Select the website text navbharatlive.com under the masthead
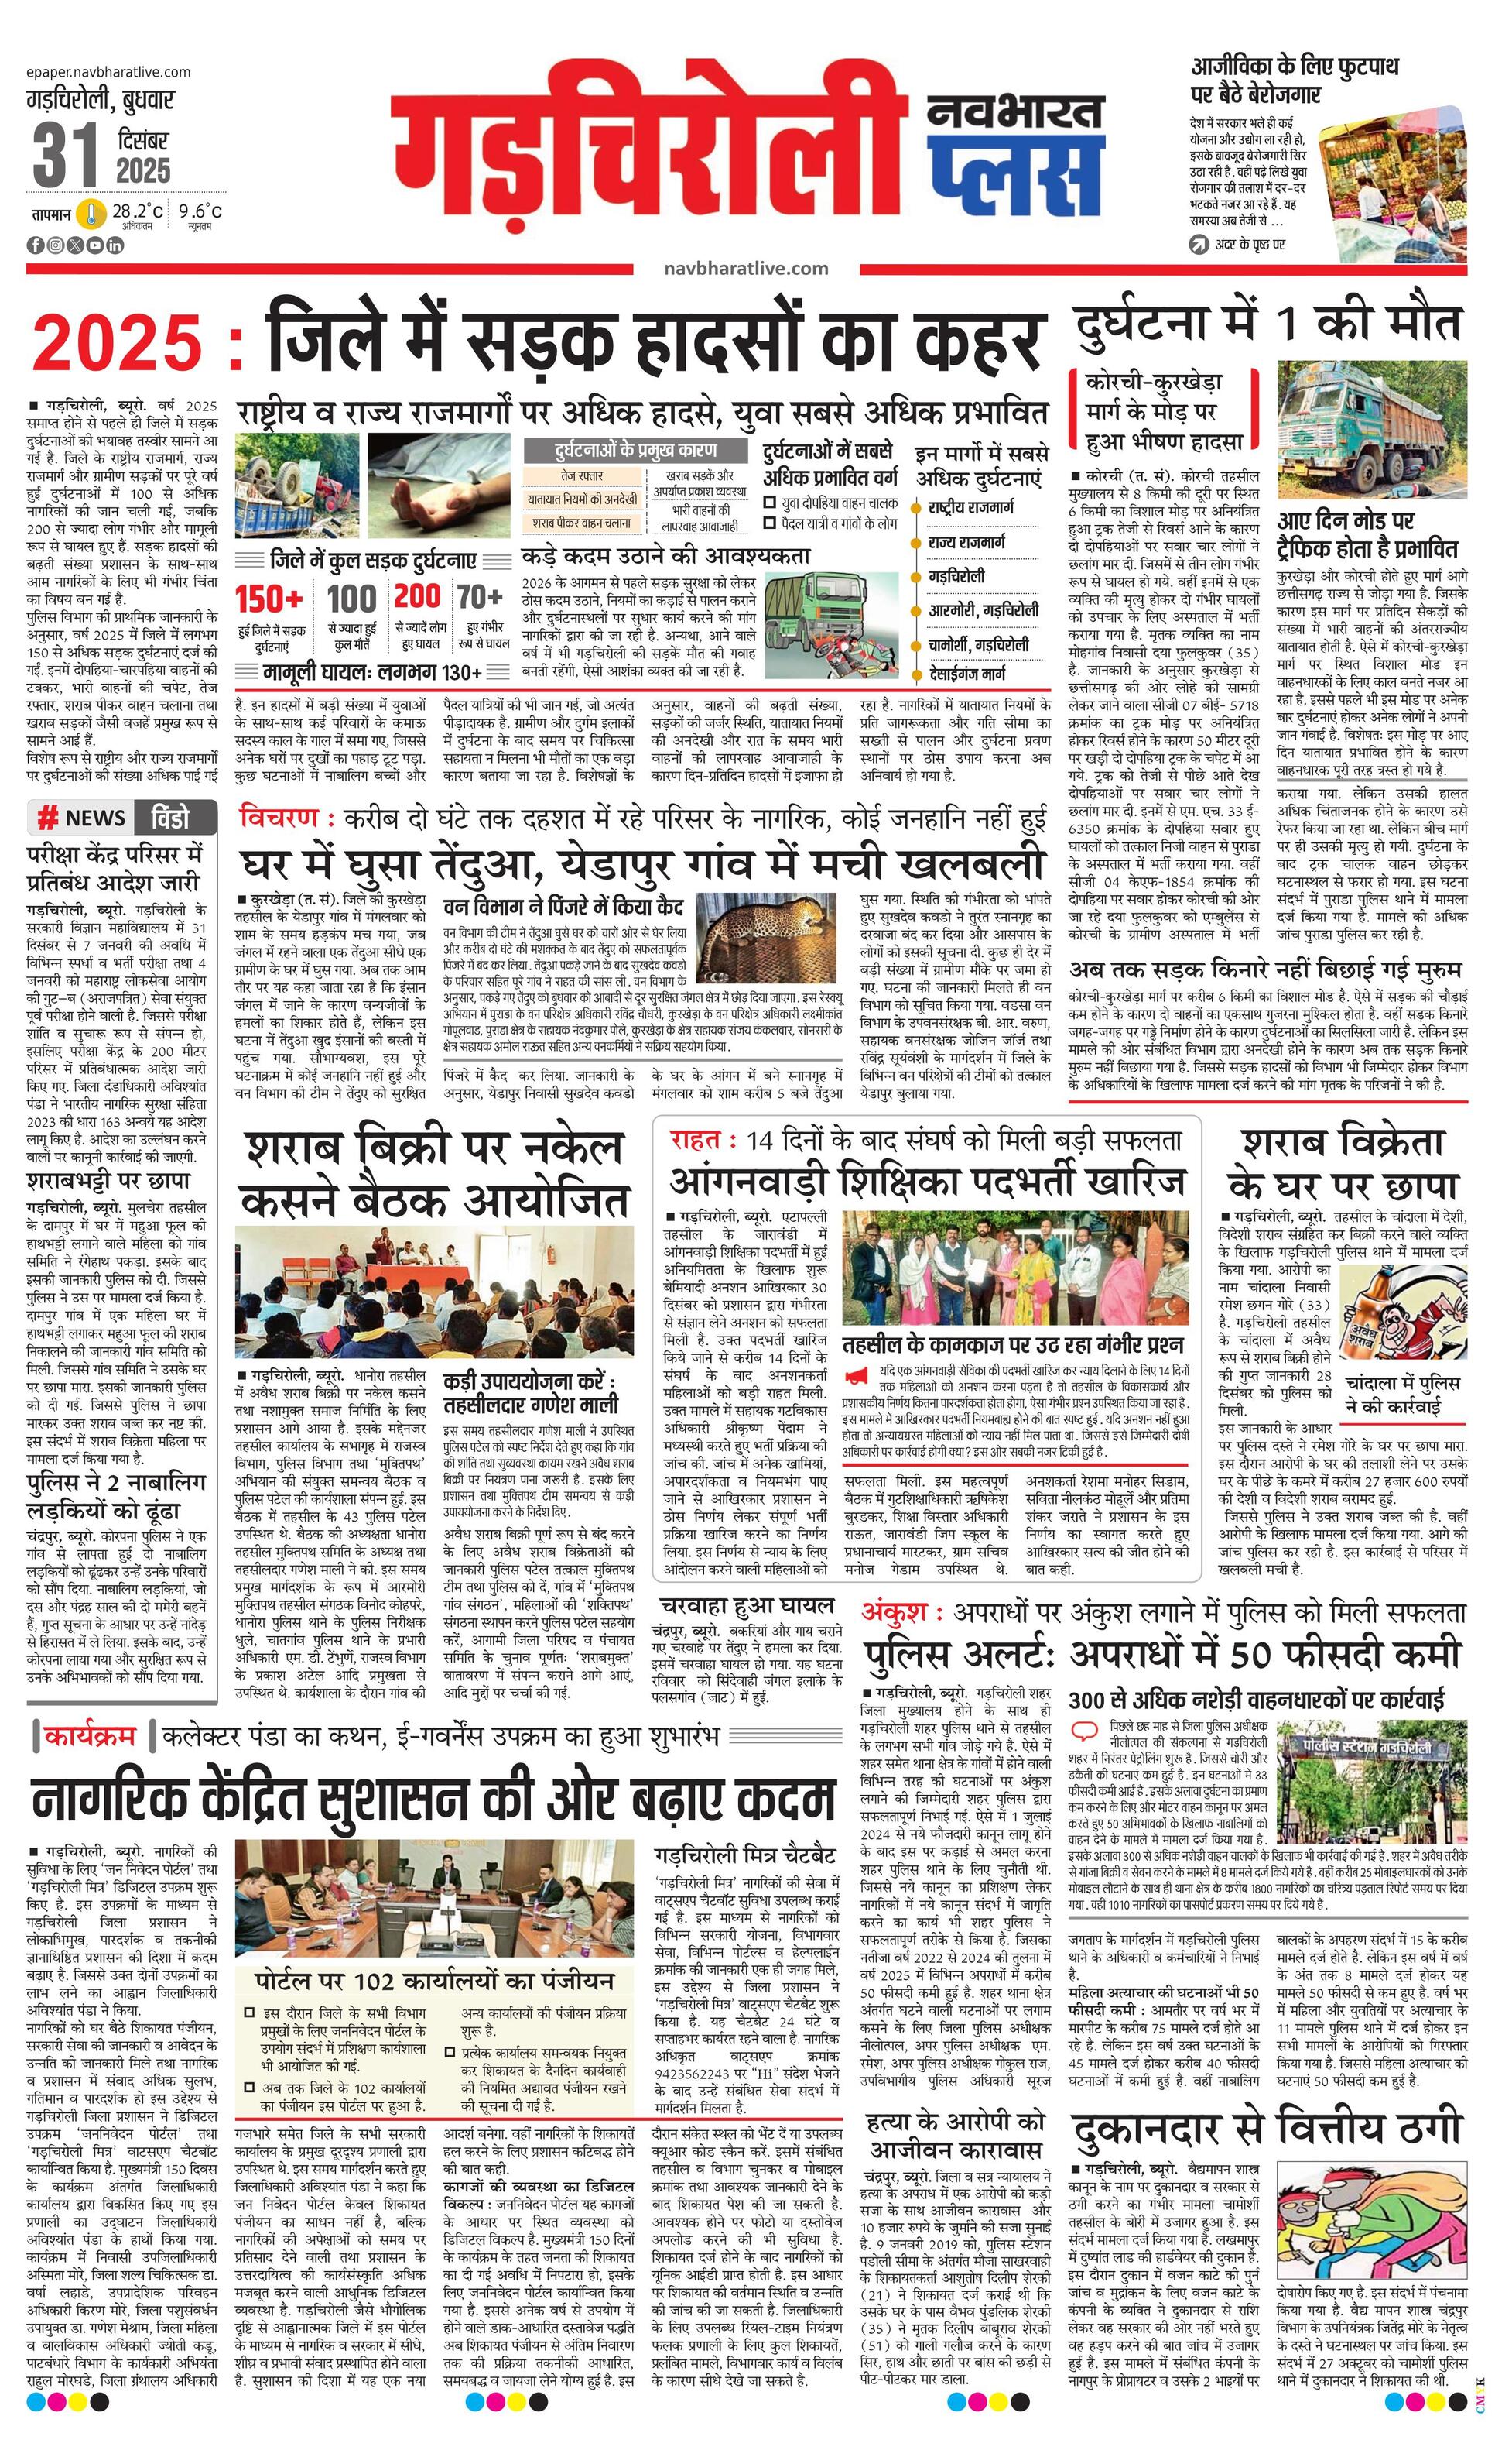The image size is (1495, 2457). click(x=744, y=268)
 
